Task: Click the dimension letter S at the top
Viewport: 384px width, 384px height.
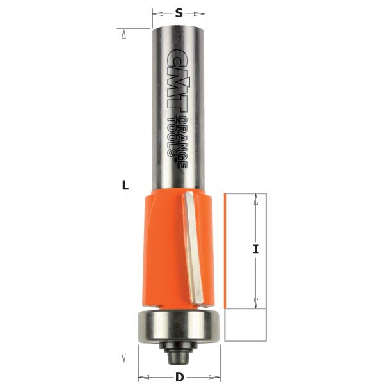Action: (x=179, y=12)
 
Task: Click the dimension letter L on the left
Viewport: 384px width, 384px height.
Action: (x=125, y=186)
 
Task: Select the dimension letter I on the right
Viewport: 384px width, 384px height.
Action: (x=255, y=250)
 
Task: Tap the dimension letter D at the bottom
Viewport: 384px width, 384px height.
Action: (x=180, y=377)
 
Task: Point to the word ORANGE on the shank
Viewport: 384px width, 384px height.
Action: (x=184, y=145)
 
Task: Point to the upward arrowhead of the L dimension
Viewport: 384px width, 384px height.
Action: (x=122, y=32)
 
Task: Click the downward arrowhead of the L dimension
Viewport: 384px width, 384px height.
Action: (x=122, y=358)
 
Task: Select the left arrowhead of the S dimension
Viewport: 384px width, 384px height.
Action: (x=156, y=12)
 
